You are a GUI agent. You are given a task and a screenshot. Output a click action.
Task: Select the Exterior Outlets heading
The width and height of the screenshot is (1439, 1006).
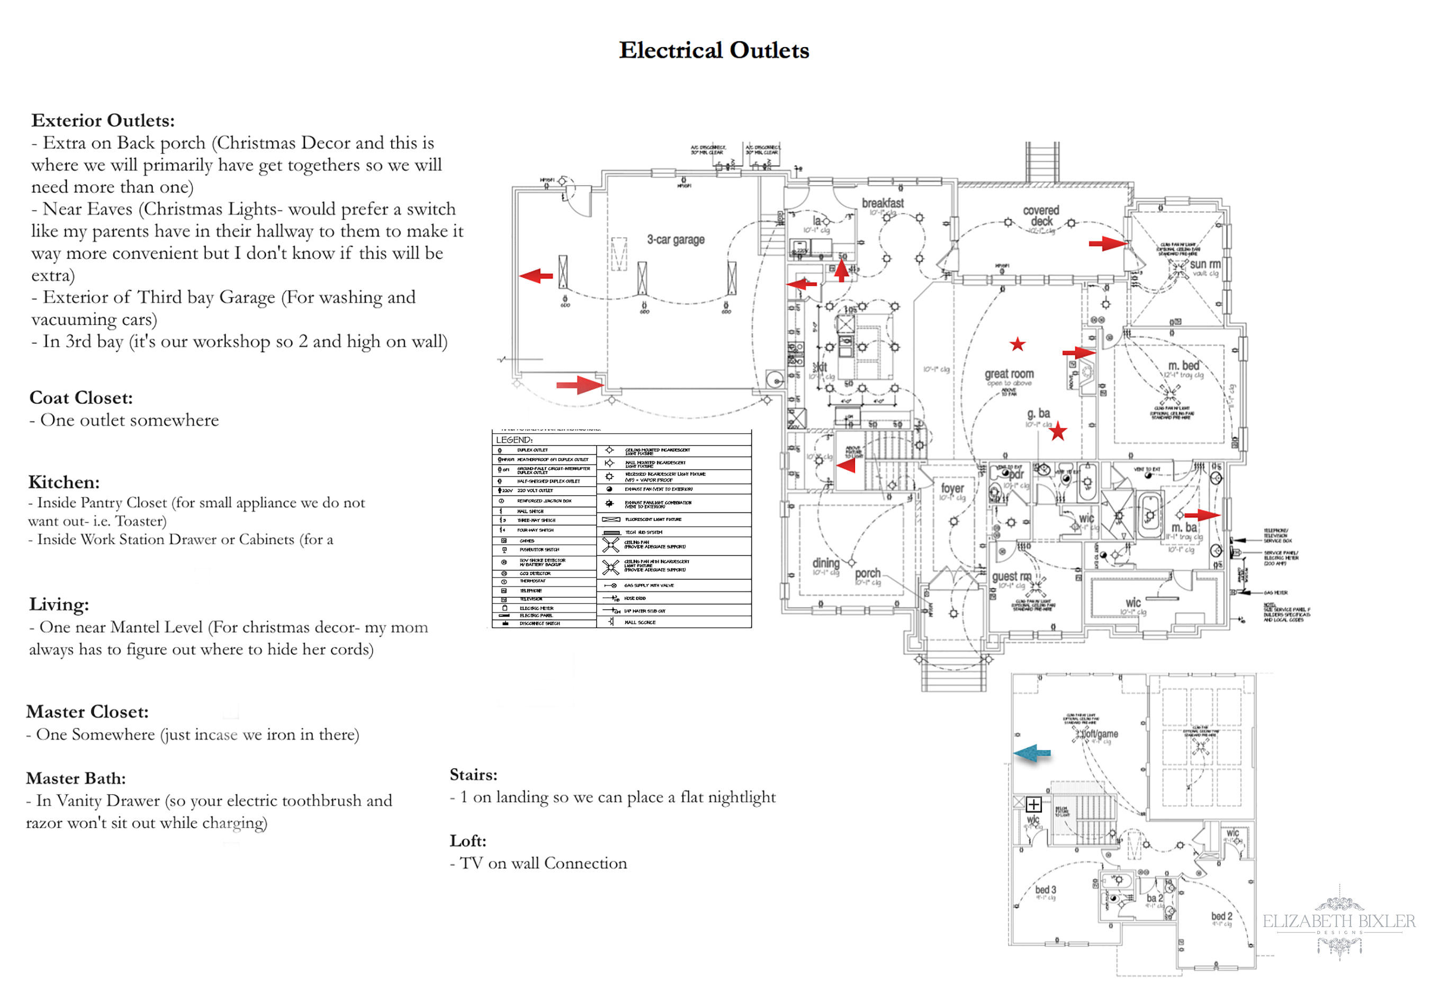click(103, 120)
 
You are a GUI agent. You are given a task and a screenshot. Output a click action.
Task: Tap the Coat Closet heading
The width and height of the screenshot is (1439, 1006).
click(81, 398)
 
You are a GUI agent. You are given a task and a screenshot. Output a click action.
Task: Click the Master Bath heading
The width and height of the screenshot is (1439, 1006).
click(76, 778)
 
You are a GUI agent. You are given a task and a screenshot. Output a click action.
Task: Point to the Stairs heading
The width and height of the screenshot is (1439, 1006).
click(473, 775)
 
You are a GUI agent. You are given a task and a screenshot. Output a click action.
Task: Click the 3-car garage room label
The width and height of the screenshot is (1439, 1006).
click(676, 239)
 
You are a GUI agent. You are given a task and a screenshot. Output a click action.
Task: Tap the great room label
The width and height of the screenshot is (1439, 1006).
click(1009, 374)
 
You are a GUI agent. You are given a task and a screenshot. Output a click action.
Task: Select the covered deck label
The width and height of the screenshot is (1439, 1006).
click(1041, 215)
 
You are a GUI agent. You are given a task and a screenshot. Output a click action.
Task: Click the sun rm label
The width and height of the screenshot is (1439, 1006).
click(1204, 265)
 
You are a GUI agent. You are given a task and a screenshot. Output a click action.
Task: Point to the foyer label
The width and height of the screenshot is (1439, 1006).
click(952, 488)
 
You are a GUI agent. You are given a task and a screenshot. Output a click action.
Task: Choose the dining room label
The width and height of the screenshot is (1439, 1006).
click(825, 563)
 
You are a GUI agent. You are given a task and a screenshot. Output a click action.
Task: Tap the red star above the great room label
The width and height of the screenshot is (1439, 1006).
click(1017, 344)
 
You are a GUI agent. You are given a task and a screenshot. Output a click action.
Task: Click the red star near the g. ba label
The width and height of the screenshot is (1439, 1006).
click(1058, 431)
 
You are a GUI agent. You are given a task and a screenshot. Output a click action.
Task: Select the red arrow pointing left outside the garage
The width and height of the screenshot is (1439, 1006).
click(536, 275)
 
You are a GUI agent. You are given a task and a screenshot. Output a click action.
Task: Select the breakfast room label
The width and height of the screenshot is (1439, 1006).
click(883, 203)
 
